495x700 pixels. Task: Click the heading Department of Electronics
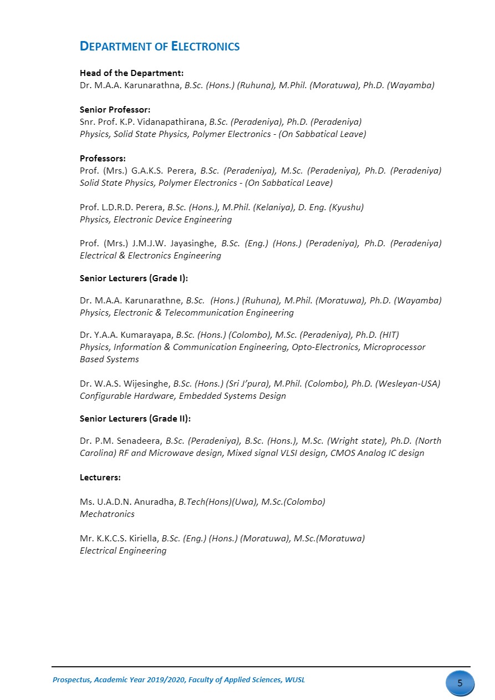tap(160, 47)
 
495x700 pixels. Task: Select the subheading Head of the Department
tap(131, 73)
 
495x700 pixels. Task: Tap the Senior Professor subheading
tap(115, 110)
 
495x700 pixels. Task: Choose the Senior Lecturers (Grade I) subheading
tap(137, 278)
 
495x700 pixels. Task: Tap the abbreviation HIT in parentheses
tap(389, 334)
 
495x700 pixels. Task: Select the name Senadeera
tap(138, 441)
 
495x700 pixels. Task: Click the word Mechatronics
tap(107, 514)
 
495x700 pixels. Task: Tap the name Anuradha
tap(156, 502)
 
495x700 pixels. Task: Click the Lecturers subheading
tap(100, 477)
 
